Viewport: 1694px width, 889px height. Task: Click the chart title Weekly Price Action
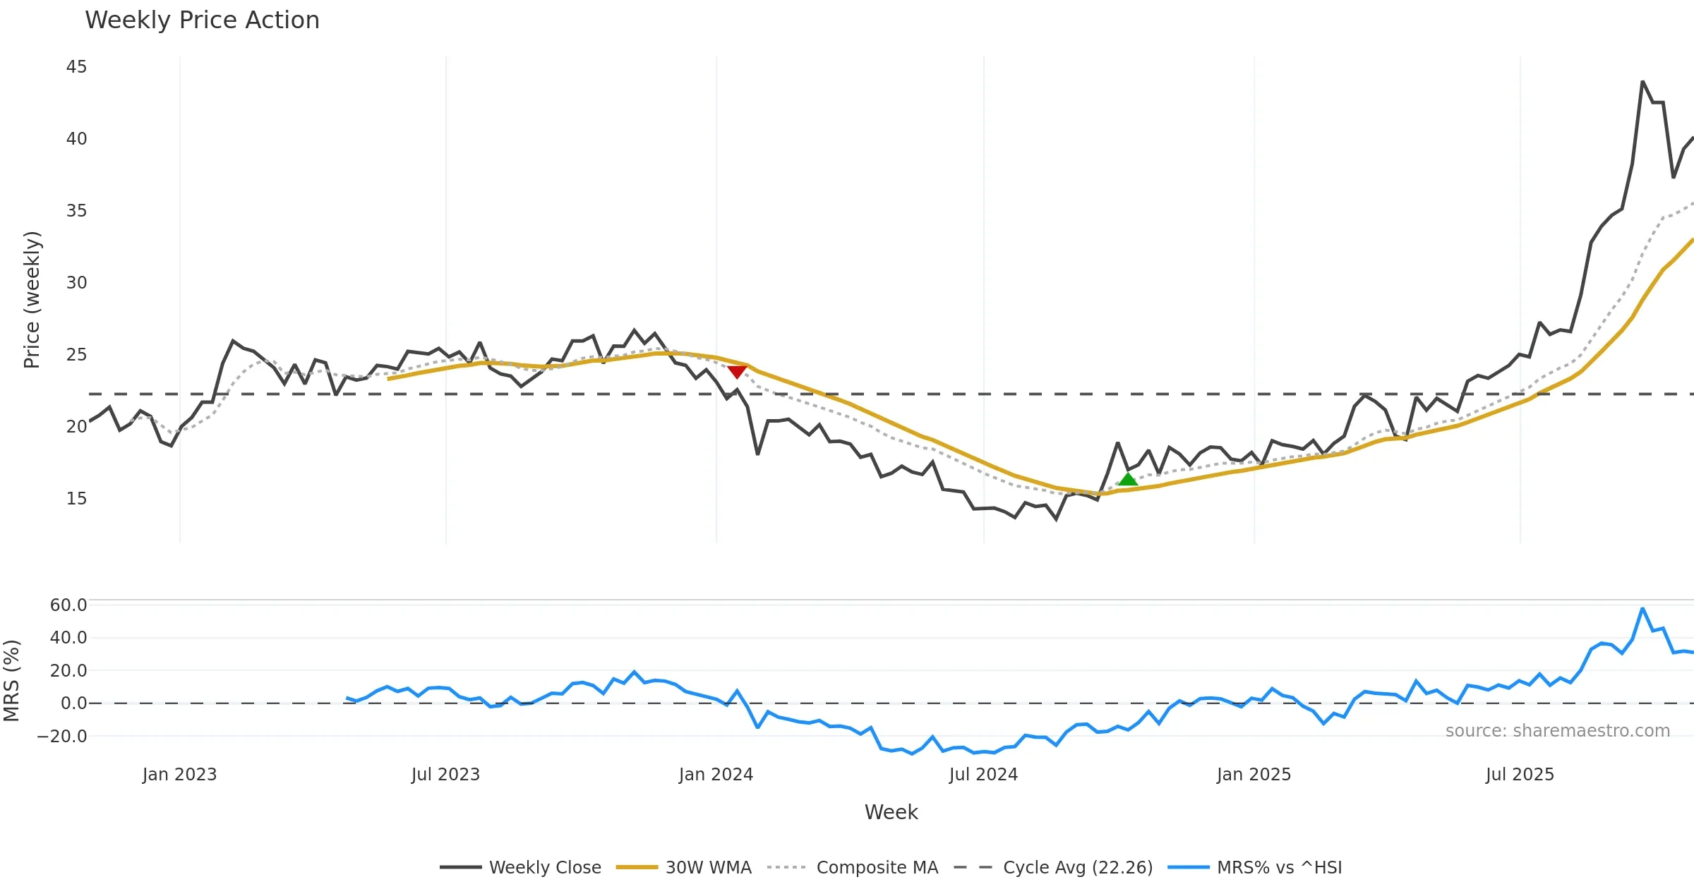202,20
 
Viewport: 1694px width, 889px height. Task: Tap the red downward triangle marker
737,371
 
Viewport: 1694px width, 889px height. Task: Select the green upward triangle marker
1127,480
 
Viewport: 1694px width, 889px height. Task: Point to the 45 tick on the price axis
76,67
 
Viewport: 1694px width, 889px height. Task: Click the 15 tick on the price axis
76,499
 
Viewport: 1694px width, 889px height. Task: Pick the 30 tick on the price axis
76,283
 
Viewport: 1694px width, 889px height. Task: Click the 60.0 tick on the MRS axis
68,605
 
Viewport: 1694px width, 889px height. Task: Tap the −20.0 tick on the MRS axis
62,737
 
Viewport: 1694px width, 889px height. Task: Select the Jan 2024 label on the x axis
716,775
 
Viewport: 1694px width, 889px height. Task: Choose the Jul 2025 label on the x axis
1520,775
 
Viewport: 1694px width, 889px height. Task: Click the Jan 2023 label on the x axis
179,775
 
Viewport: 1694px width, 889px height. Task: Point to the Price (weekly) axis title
32,300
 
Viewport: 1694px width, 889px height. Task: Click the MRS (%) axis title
11,681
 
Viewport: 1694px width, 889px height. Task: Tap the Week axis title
891,813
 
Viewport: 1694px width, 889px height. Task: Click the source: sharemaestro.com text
1557,731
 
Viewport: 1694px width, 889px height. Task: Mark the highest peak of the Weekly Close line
1642,82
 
